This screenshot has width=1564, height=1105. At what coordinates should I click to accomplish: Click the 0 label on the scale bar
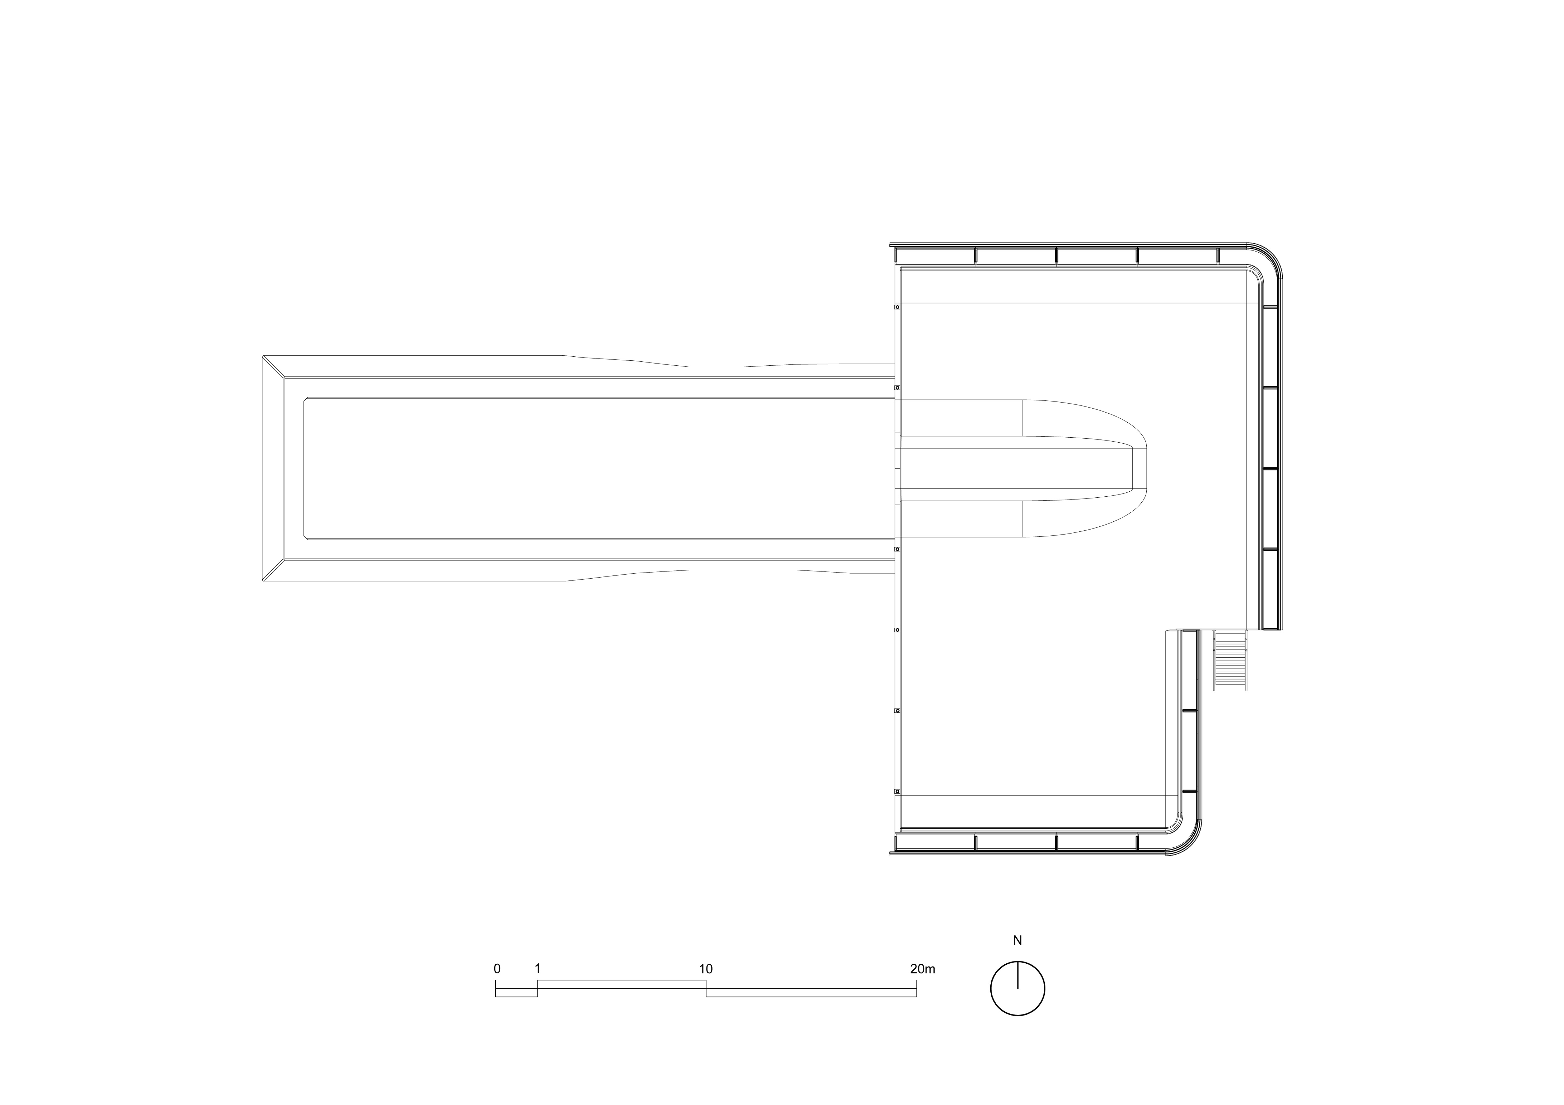coord(497,969)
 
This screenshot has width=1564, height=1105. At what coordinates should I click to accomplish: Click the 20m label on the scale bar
coord(922,969)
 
